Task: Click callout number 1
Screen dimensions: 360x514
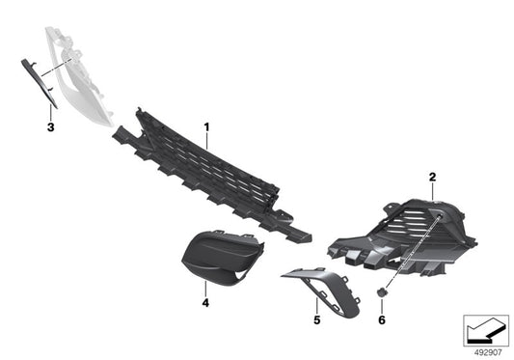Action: pos(206,126)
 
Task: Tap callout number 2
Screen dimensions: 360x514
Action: pos(433,178)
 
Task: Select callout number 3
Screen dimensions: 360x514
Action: pos(50,125)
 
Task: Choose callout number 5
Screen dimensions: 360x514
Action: pos(315,316)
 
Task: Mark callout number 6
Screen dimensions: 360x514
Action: pos(382,318)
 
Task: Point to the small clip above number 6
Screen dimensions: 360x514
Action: pos(382,291)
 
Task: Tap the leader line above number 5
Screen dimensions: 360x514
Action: pos(315,302)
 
